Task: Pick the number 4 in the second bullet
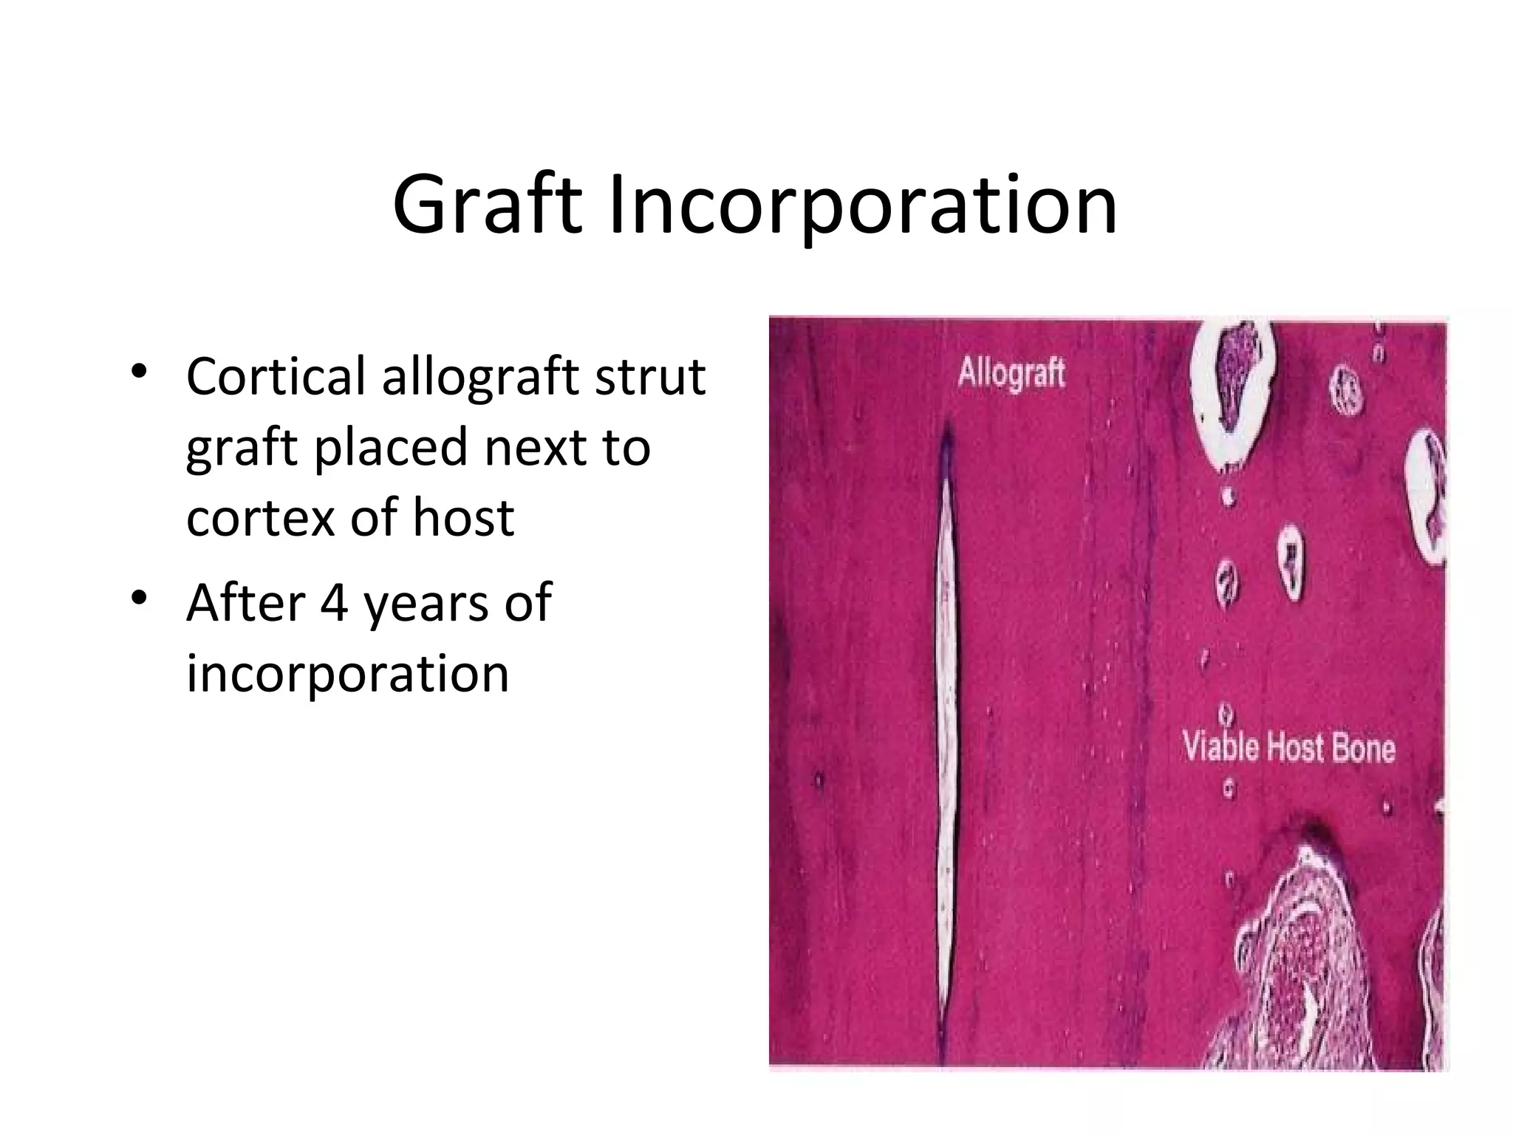[334, 602]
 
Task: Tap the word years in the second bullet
[426, 602]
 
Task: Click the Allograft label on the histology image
[1011, 373]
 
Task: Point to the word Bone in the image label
[1364, 748]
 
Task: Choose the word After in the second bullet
[245, 602]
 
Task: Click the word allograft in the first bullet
[481, 377]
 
